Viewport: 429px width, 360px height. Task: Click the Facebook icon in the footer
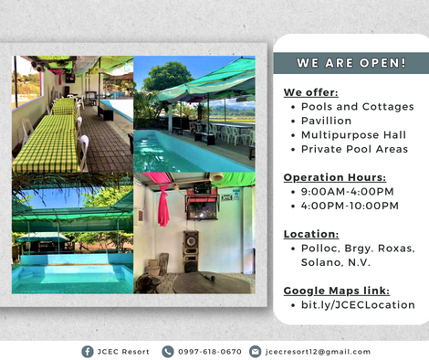pyautogui.click(x=88, y=352)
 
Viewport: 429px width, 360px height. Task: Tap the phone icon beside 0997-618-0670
pyautogui.click(x=168, y=352)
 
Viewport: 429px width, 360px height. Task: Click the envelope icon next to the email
pyautogui.click(x=255, y=352)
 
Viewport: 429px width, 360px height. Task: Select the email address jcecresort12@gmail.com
pyautogui.click(x=318, y=352)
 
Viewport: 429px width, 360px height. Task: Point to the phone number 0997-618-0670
pyautogui.click(x=210, y=352)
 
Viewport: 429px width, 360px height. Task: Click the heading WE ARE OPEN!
pyautogui.click(x=351, y=63)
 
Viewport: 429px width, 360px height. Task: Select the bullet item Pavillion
pyautogui.click(x=326, y=121)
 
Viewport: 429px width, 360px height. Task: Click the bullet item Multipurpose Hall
pyautogui.click(x=353, y=135)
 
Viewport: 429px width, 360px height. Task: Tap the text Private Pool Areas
pyautogui.click(x=354, y=149)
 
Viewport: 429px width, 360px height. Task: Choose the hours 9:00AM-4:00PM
pyautogui.click(x=347, y=192)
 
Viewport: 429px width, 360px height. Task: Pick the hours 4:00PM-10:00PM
pyautogui.click(x=350, y=206)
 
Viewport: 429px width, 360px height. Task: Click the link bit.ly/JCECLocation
pyautogui.click(x=358, y=305)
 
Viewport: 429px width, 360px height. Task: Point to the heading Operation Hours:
pyautogui.click(x=335, y=177)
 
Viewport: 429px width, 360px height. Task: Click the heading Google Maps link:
pyautogui.click(x=337, y=291)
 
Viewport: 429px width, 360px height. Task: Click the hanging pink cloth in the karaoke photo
pyautogui.click(x=163, y=205)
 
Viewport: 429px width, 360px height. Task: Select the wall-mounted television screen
pyautogui.click(x=202, y=208)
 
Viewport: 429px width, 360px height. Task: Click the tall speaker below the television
pyautogui.click(x=191, y=251)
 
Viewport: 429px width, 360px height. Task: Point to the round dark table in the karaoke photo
pyautogui.click(x=211, y=284)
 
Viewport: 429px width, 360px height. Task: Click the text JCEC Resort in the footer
pyautogui.click(x=123, y=352)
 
